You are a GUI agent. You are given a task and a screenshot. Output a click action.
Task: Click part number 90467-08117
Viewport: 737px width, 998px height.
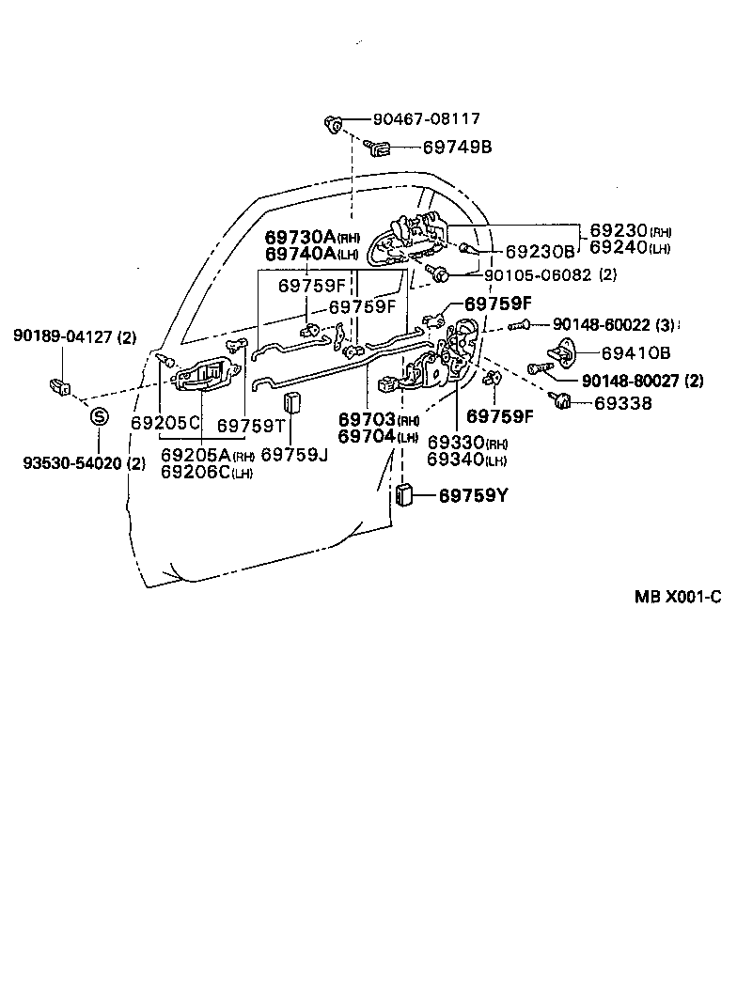[426, 119]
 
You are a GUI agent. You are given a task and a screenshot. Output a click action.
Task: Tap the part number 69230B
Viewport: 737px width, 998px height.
[539, 252]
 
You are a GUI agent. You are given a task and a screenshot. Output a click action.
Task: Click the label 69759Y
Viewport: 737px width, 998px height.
[473, 495]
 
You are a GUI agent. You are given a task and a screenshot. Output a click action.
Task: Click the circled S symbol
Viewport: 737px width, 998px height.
[100, 417]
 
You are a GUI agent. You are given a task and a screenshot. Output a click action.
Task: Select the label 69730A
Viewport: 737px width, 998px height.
[300, 237]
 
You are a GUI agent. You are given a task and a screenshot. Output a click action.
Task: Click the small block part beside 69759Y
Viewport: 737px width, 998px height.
[406, 495]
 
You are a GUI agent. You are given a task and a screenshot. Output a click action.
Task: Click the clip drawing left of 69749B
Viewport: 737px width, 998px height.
[379, 147]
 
